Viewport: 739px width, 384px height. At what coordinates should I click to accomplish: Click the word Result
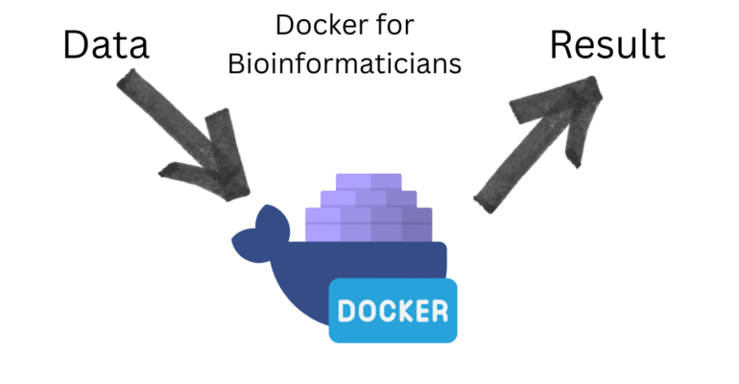(607, 44)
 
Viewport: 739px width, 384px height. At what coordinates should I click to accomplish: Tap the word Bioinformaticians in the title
(353, 64)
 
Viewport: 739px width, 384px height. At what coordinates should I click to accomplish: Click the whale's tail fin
(258, 234)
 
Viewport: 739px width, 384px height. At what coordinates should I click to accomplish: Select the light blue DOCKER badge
(393, 311)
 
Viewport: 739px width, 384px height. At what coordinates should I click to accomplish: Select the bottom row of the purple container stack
(369, 230)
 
